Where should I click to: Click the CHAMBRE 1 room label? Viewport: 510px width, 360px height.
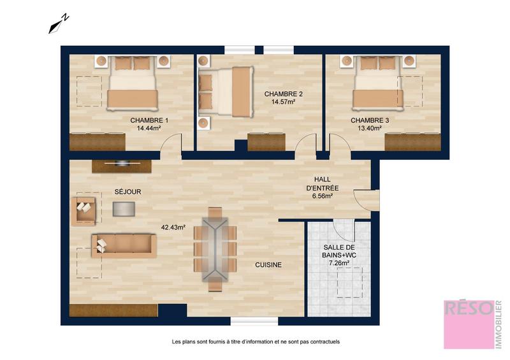[149, 120]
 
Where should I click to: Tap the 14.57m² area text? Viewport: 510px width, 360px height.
[283, 102]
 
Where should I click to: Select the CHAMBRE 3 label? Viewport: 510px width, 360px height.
[370, 120]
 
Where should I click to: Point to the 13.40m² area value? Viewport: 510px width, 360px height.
[370, 128]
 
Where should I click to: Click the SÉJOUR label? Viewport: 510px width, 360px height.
[127, 191]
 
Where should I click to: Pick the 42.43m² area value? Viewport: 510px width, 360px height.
[173, 227]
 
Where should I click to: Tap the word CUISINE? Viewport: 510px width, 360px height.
[268, 264]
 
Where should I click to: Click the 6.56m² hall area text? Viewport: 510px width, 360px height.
[322, 196]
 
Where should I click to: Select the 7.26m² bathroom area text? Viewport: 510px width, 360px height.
[339, 263]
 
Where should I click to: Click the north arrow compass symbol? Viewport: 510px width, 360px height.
[59, 24]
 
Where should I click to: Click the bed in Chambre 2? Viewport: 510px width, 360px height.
[226, 92]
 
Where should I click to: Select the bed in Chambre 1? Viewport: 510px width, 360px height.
[133, 83]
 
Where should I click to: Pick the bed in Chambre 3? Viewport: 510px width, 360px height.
[378, 83]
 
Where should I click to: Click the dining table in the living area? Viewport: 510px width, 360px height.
[215, 248]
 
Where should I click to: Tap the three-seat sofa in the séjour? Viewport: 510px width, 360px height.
[124, 245]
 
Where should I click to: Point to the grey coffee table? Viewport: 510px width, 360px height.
[124, 208]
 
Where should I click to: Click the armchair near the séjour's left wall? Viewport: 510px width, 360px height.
[84, 210]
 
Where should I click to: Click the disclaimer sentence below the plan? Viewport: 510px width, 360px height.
[256, 342]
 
